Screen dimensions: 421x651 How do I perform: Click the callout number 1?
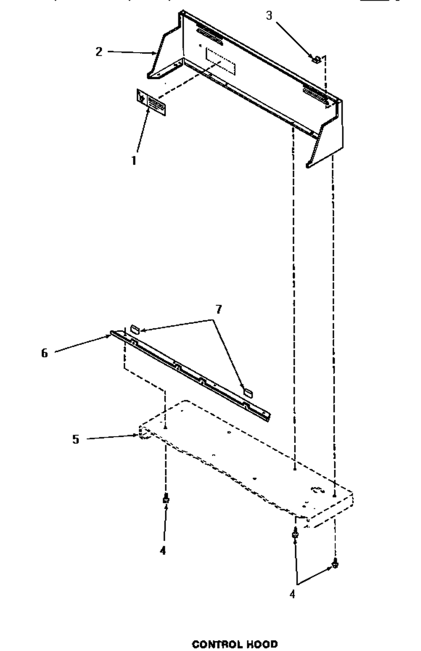click(134, 161)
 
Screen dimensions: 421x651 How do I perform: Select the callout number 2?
click(99, 52)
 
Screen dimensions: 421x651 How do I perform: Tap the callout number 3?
click(269, 15)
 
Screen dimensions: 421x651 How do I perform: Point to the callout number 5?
click(75, 439)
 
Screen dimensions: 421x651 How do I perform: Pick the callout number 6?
click(44, 353)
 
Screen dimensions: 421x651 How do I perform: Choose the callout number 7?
click(218, 310)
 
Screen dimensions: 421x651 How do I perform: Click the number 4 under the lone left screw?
click(163, 550)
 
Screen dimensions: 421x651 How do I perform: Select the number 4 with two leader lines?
click(293, 594)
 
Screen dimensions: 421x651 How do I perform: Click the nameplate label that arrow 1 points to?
click(151, 103)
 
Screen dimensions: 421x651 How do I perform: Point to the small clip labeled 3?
click(316, 60)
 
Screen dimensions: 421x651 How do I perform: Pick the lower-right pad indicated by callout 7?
click(248, 392)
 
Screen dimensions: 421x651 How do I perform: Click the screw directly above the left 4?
click(166, 499)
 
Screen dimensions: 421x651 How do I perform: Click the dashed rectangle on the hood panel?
click(220, 61)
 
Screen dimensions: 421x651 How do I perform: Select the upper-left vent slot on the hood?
click(209, 37)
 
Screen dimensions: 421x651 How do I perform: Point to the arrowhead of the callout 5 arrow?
click(136, 435)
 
